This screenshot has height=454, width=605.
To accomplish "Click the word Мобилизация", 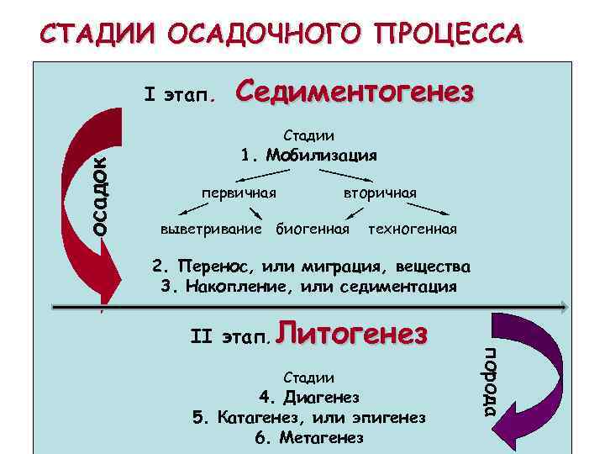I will [x=321, y=155].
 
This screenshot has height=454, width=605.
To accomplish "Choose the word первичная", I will [x=239, y=193].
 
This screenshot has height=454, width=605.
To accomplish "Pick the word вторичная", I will [x=379, y=193].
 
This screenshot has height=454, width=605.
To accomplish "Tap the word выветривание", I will [x=211, y=229].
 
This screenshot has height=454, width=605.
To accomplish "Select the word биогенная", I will [x=313, y=229].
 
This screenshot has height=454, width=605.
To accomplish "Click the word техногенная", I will [x=413, y=229].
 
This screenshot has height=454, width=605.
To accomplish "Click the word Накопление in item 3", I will [x=230, y=286].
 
